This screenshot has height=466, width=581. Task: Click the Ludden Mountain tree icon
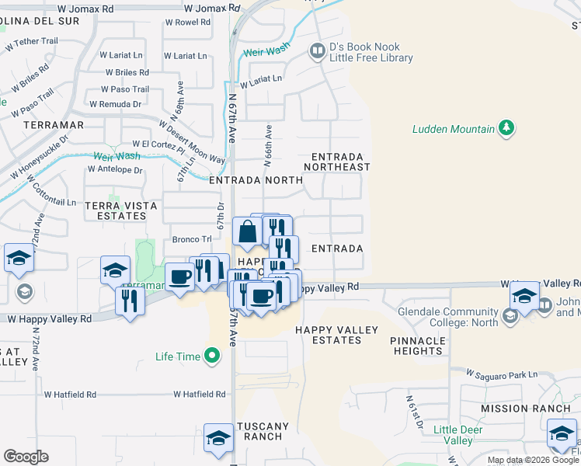pos(507,128)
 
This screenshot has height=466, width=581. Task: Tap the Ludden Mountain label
pos(454,129)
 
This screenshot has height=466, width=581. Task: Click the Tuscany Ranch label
pos(262,431)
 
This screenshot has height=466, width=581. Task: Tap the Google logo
pos(26,457)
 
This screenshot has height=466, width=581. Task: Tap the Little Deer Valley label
pos(463,435)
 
